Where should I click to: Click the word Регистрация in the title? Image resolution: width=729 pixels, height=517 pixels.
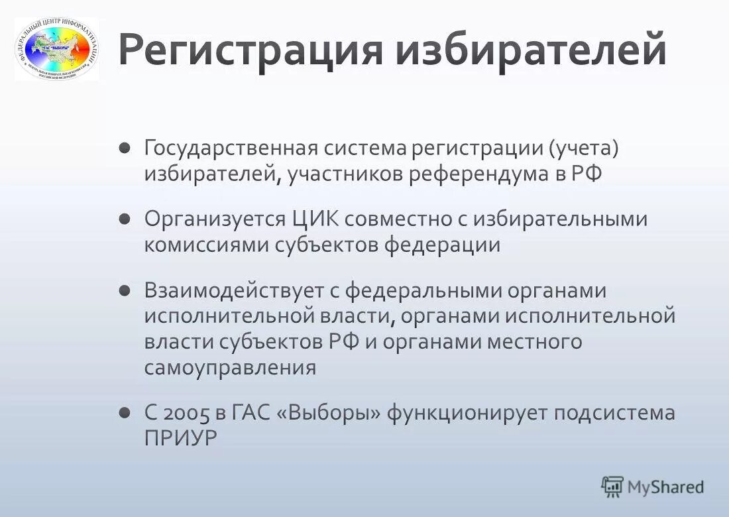pyautogui.click(x=251, y=51)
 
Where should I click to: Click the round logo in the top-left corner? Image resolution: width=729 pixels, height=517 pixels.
pyautogui.click(x=57, y=49)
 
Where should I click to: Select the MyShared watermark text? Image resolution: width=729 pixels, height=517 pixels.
pyautogui.click(x=665, y=487)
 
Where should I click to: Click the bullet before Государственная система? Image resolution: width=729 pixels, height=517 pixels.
pyautogui.click(x=125, y=148)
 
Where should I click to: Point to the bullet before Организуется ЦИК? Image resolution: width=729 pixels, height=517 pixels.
pyautogui.click(x=125, y=219)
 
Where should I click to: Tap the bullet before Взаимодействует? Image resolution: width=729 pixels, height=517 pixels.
pyautogui.click(x=125, y=290)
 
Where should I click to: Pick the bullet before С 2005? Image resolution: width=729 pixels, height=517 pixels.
pyautogui.click(x=125, y=412)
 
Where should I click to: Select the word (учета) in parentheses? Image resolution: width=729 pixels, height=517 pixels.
pyautogui.click(x=583, y=148)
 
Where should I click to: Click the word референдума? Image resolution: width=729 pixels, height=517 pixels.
pyautogui.click(x=475, y=174)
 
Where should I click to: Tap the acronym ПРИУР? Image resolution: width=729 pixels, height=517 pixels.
pyautogui.click(x=180, y=439)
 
